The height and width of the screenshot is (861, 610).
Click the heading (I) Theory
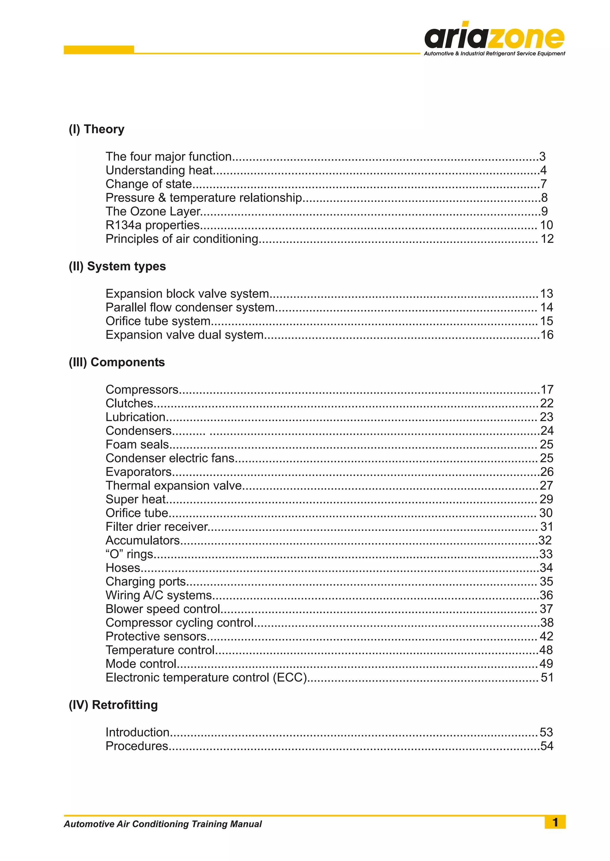97,129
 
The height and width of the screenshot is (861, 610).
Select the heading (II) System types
117,266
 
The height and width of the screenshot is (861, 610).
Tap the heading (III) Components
116,362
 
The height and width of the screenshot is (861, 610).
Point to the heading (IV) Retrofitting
113,705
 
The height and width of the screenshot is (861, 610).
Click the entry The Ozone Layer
153,211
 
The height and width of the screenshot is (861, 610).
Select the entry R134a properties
152,225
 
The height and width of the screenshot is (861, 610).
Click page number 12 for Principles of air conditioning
547,239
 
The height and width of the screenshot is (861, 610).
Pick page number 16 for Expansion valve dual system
547,335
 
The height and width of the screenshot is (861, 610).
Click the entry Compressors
142,390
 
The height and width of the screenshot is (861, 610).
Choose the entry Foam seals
137,444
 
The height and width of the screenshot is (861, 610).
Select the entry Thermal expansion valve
174,486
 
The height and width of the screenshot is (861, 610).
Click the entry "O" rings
130,554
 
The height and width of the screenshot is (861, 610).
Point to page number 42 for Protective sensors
546,636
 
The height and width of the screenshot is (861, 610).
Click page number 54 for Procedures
547,746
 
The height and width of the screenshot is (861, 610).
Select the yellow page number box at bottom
555,822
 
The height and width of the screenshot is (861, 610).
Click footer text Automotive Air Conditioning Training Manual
163,824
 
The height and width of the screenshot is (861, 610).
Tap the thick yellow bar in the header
99,49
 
